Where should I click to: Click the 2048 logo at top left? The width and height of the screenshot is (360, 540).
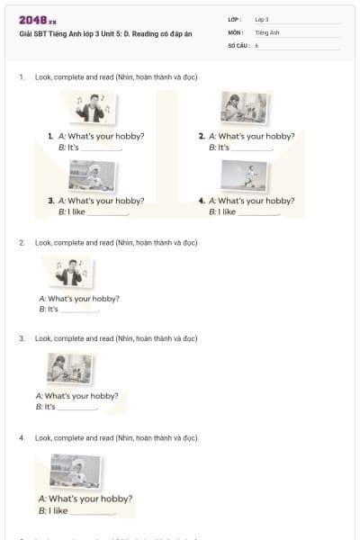[x=37, y=20]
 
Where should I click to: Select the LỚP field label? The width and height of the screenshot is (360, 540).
[x=235, y=19]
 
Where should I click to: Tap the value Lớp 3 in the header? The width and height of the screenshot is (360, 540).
[x=262, y=19]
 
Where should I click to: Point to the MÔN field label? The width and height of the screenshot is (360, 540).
[x=236, y=31]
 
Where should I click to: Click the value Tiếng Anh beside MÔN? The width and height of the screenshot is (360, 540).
[x=267, y=31]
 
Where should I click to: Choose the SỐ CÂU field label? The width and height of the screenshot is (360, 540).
[x=238, y=44]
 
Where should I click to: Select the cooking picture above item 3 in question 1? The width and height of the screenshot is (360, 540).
[x=92, y=175]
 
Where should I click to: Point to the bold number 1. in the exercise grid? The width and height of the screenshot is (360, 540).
[x=51, y=136]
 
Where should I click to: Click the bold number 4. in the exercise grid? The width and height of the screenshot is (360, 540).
[x=202, y=202]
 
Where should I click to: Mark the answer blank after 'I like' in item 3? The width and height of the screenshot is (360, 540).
[x=109, y=214]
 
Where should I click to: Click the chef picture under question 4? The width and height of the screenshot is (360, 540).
[x=75, y=471]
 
